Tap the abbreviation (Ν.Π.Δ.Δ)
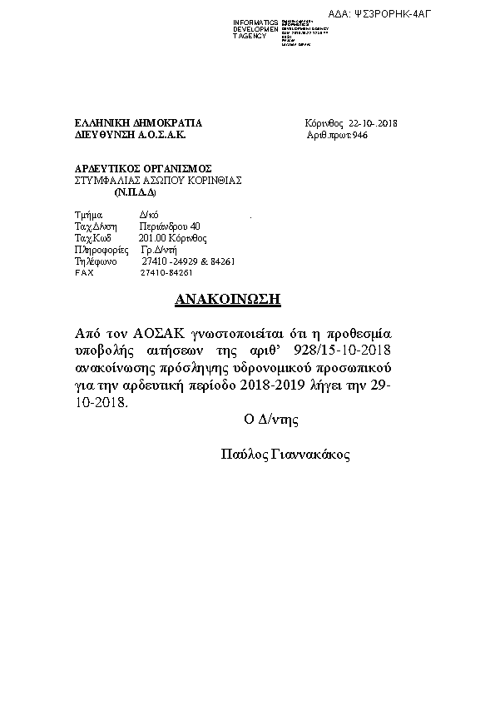click(136, 191)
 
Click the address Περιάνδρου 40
click(170, 226)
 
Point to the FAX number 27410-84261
click(167, 272)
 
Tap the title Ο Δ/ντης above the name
click(270, 420)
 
